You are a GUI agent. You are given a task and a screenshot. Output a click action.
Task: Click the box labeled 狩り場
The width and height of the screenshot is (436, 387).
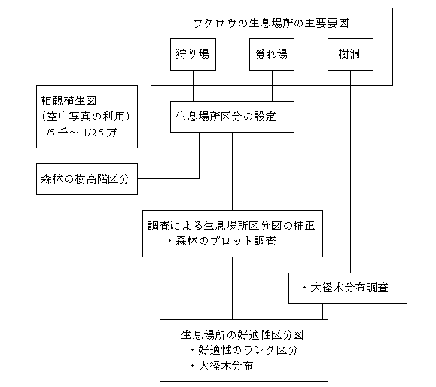193,54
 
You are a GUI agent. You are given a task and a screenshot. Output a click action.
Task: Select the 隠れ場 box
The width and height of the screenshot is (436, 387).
272,54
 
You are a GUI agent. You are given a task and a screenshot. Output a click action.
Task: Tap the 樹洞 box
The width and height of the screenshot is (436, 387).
350,54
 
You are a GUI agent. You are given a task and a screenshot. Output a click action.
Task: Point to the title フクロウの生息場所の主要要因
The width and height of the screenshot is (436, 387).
271,23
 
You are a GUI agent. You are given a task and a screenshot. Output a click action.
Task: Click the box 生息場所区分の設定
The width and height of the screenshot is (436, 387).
232,117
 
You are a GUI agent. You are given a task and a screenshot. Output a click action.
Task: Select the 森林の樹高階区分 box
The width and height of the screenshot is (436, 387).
87,179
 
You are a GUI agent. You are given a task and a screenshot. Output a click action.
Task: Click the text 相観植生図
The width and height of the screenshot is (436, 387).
69,101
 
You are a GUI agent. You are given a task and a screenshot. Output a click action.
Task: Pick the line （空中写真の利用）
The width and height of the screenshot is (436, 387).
86,117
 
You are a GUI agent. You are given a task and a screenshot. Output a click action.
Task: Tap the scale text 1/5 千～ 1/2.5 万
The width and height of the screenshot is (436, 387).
79,133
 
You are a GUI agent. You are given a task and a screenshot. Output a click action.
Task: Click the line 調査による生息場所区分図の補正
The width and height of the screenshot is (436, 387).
231,225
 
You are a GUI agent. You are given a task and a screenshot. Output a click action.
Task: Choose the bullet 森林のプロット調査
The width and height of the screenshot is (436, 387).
221,241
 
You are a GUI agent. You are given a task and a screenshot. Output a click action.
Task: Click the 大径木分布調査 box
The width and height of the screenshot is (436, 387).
348,288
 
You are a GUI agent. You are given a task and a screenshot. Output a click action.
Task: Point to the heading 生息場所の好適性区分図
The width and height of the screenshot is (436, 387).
242,335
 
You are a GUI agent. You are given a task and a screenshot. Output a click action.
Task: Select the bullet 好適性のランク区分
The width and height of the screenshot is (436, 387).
245,350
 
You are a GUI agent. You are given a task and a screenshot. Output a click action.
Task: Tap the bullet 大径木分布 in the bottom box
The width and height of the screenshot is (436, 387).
221,366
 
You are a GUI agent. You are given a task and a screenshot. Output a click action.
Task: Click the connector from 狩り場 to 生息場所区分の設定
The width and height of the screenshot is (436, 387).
193,86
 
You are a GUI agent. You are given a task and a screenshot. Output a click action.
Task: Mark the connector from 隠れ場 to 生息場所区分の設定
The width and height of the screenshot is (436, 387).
272,86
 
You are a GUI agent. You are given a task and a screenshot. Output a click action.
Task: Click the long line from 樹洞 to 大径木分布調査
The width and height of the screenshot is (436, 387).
350,172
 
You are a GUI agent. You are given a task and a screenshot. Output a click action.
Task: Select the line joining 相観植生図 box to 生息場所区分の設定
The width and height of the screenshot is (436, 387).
154,117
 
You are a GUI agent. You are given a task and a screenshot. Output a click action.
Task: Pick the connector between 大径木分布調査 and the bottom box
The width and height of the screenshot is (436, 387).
322,312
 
